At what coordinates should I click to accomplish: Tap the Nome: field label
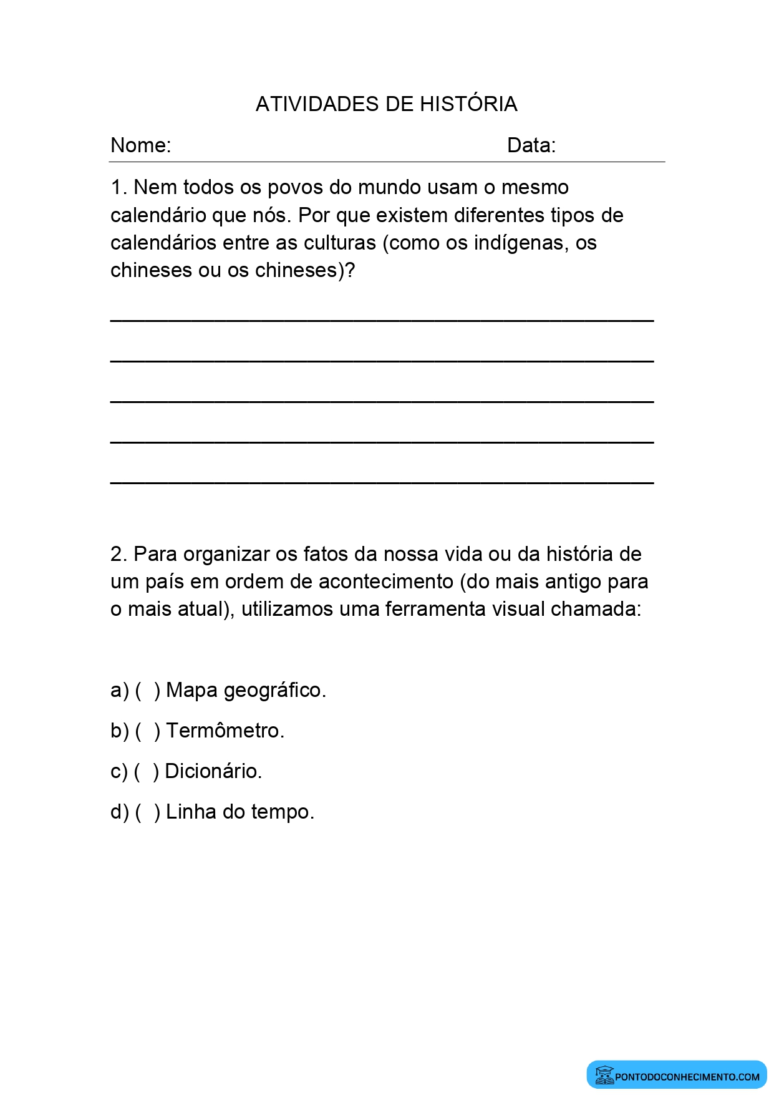click(140, 145)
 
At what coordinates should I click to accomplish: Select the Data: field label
click(531, 145)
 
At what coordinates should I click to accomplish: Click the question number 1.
click(118, 187)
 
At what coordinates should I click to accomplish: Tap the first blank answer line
click(382, 320)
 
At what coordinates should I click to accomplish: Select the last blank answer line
click(382, 482)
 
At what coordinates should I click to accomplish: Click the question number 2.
click(119, 554)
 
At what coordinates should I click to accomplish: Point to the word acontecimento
click(385, 582)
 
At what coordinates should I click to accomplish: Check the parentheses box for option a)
click(147, 691)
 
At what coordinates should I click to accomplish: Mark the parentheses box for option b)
click(147, 731)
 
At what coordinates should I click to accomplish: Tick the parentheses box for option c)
click(147, 772)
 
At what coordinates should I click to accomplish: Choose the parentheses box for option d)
click(147, 812)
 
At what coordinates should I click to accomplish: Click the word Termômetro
click(225, 731)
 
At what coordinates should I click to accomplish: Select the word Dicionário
click(213, 772)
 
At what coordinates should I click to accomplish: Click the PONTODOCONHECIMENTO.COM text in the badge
click(687, 1076)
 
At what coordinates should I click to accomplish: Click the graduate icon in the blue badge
click(604, 1075)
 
